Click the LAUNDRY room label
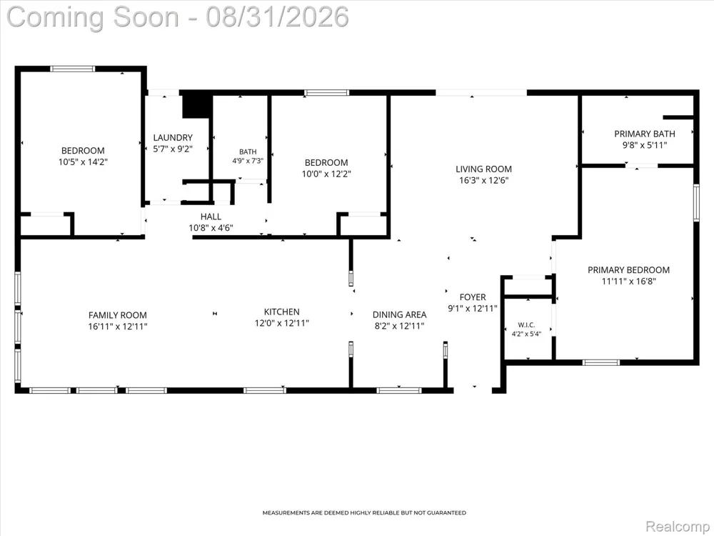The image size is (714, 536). click(x=173, y=137)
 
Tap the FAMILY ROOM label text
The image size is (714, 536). click(x=118, y=315)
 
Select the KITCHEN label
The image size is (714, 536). click(x=282, y=312)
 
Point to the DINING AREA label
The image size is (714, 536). click(x=399, y=314)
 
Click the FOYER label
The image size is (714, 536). click(x=473, y=297)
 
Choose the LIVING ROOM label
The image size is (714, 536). click(x=483, y=169)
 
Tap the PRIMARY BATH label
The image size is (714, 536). click(x=644, y=134)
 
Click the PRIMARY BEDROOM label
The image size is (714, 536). click(x=628, y=270)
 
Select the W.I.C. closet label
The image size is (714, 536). click(x=526, y=325)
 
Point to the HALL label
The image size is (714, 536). click(x=211, y=217)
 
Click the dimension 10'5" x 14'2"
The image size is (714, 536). click(x=83, y=162)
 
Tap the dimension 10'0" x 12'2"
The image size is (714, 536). click(x=326, y=174)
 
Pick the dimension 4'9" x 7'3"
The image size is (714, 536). click(x=248, y=160)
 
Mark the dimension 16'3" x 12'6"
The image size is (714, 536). click(x=483, y=180)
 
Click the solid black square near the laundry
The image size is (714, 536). click(x=198, y=106)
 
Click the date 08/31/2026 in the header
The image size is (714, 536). click(x=277, y=17)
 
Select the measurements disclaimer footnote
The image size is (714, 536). click(x=364, y=512)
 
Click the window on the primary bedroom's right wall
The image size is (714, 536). click(x=695, y=202)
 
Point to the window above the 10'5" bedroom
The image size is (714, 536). click(x=73, y=69)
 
